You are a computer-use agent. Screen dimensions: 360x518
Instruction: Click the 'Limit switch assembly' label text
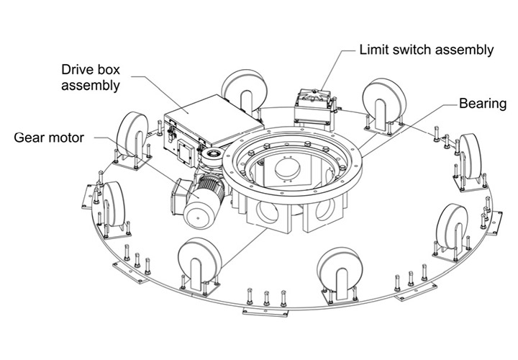point(427,50)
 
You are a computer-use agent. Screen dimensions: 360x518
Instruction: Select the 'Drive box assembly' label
point(91,78)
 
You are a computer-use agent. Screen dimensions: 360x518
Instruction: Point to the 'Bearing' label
point(481,104)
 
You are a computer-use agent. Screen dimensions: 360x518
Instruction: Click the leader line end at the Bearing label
point(455,105)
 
